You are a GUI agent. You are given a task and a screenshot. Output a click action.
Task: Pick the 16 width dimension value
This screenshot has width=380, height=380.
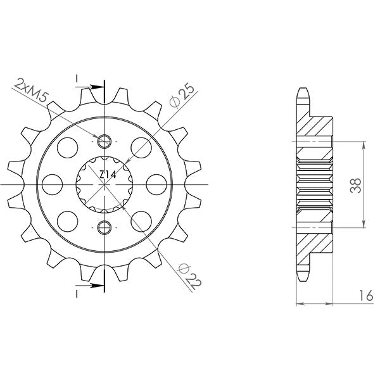coord(361,295)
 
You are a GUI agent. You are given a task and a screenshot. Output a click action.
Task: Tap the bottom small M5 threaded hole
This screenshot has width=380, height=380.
coord(104,227)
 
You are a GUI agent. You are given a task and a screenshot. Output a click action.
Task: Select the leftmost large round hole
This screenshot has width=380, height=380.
coord(53,184)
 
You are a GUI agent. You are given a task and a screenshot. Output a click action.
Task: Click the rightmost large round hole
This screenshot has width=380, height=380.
coord(156,184)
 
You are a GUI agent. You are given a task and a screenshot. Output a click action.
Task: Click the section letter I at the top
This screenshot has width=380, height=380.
coord(77,79)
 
